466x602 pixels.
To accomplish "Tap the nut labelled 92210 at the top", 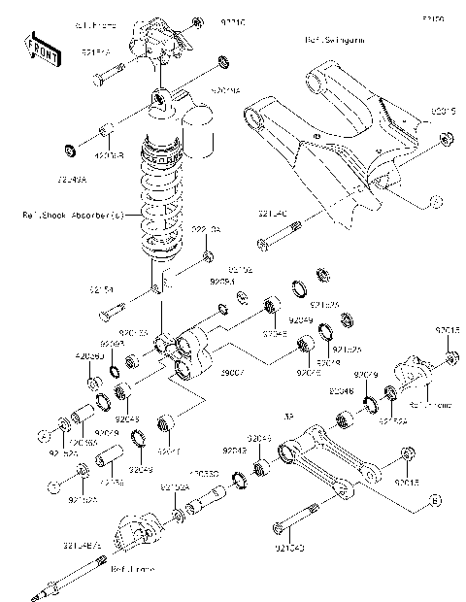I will [x=198, y=21].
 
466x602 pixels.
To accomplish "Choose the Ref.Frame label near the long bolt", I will [x=128, y=568].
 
